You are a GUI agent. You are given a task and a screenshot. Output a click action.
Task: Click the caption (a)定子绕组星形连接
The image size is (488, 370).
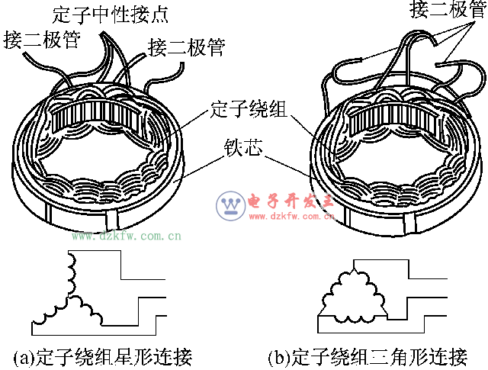click(x=102, y=357)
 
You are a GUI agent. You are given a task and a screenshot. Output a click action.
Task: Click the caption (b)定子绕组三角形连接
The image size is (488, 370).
click(x=367, y=357)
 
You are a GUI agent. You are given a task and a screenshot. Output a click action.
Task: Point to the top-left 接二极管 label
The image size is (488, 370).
click(x=41, y=39)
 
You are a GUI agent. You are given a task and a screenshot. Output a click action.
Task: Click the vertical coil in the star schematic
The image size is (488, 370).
click(x=72, y=272)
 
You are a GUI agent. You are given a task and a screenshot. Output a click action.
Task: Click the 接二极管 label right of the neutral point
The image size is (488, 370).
click(x=187, y=48)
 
